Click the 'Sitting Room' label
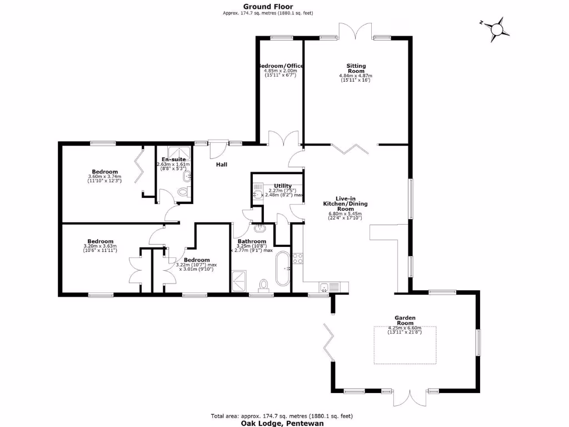click(356, 68)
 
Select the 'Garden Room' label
click(405, 320)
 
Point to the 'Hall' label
click(222, 165)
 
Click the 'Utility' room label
click(282, 186)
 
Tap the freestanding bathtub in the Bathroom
click(282, 269)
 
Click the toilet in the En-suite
click(183, 192)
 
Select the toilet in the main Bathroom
click(263, 285)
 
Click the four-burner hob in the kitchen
click(297, 259)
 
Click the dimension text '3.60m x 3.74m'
click(104, 177)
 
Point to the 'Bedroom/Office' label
click(281, 66)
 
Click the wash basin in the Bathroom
click(260, 227)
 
